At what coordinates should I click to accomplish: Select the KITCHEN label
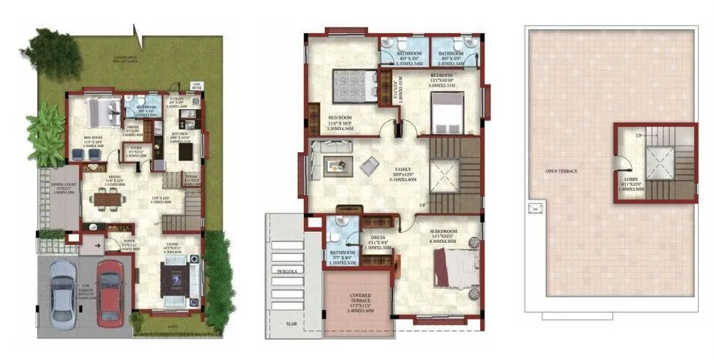click(x=180, y=134)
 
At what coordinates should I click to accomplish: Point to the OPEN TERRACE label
click(x=562, y=172)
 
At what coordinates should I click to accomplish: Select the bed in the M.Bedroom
click(x=449, y=267)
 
